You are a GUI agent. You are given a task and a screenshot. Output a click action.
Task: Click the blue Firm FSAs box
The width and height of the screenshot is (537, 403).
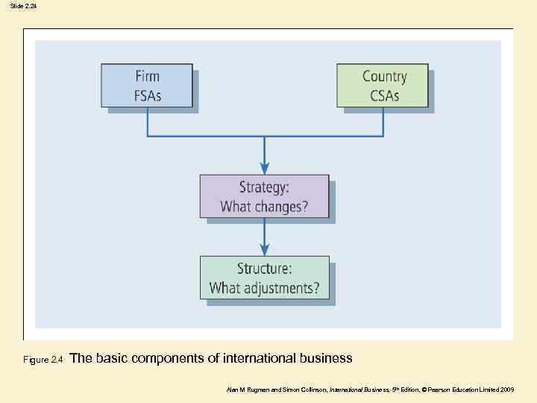tap(147, 86)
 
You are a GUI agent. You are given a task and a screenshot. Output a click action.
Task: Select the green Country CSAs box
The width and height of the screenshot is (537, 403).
tap(383, 86)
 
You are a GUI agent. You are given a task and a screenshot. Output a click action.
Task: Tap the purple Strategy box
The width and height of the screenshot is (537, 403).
tap(264, 196)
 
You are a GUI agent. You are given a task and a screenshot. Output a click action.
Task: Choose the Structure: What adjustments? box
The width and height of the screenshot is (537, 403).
tap(264, 278)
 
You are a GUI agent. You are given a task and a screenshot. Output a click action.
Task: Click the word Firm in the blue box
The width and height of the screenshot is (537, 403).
tap(147, 76)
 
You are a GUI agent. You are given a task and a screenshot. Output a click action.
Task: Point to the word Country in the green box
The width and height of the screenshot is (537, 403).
tap(384, 76)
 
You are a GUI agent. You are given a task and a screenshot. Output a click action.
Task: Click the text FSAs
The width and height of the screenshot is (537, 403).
tap(147, 96)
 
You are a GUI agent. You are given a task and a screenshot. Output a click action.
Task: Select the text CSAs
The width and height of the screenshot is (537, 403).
tap(384, 96)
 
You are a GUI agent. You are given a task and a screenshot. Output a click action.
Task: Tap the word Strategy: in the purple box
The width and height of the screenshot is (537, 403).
tap(263, 187)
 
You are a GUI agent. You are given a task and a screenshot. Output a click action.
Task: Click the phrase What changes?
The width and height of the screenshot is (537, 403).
tap(263, 207)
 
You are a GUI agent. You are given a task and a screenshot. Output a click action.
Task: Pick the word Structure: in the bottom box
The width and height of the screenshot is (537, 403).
tap(264, 268)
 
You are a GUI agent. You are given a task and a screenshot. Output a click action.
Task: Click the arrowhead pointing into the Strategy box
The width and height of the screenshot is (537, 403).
tap(264, 169)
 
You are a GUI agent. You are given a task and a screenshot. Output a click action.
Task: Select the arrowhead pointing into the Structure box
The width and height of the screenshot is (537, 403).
tap(264, 250)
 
